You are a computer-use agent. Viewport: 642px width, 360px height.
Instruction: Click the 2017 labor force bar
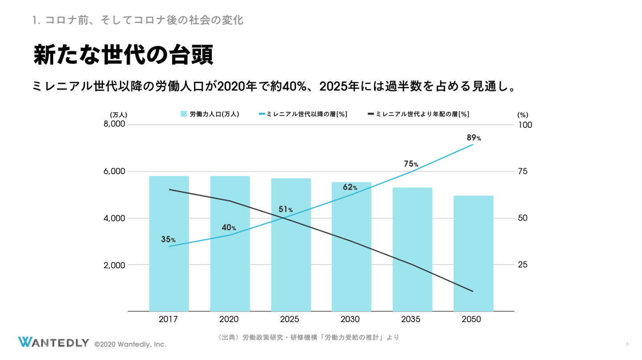pos(169,267)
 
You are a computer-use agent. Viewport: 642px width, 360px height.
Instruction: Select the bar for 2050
pos(473,267)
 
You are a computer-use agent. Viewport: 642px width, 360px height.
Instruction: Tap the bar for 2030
pos(351,267)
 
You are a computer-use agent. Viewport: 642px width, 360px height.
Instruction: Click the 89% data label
pos(473,138)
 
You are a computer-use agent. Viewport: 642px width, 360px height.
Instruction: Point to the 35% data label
pos(168,240)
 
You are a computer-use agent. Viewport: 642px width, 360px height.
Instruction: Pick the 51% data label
pos(285,209)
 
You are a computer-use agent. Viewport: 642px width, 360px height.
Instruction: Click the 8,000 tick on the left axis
pos(114,124)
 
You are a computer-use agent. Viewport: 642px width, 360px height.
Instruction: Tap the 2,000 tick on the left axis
pos(114,265)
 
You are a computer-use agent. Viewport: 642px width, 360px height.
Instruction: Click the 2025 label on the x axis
pos(289,319)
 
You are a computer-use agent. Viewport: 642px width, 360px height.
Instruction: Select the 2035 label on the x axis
pos(411,319)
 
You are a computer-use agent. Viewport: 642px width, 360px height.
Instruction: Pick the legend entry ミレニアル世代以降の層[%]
pos(303,114)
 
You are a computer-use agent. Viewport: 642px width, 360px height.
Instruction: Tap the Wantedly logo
pos(53,342)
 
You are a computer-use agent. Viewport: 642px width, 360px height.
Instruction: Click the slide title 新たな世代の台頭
pos(123,55)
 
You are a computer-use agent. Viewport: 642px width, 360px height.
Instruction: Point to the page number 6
pos(627,344)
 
